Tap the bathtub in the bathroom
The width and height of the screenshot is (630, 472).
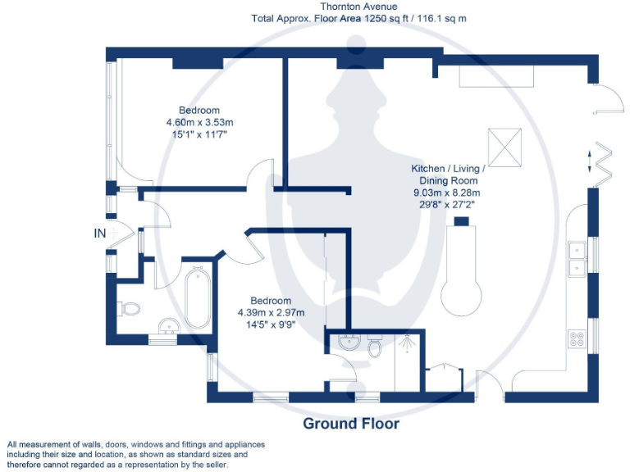pos(198,297)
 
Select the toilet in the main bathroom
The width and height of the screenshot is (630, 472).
pos(130,309)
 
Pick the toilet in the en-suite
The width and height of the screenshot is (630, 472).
pos(375,348)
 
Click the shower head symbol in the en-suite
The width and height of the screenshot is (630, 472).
pos(407,345)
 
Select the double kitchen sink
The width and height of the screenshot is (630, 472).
pos(577,257)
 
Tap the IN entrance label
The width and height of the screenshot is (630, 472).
pos(100,234)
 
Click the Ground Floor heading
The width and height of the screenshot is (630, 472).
pos(351,424)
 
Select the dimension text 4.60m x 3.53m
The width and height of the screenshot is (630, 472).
pos(199,122)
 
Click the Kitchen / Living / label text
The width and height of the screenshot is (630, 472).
pos(448,169)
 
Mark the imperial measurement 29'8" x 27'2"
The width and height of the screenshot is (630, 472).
pos(448,204)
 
